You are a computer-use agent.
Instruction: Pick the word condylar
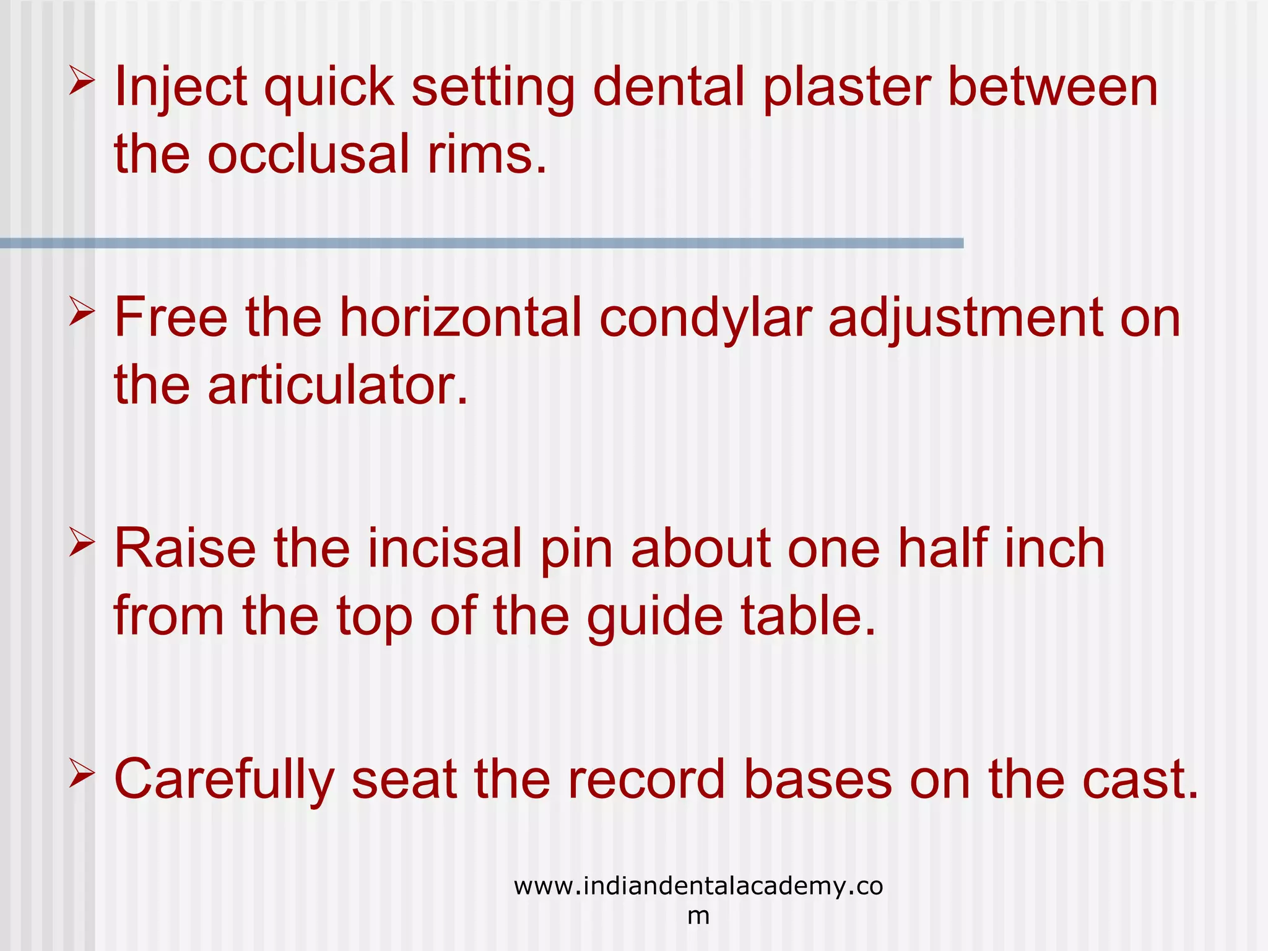[705, 318]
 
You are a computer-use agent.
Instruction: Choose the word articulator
[337, 385]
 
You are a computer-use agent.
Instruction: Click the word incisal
[445, 549]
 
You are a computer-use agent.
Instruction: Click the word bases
[817, 780]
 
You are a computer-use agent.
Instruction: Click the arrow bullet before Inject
[81, 82]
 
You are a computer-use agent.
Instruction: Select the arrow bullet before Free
[81, 312]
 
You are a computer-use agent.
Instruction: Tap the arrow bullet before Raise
[81, 543]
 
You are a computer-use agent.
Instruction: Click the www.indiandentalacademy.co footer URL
[698, 887]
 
